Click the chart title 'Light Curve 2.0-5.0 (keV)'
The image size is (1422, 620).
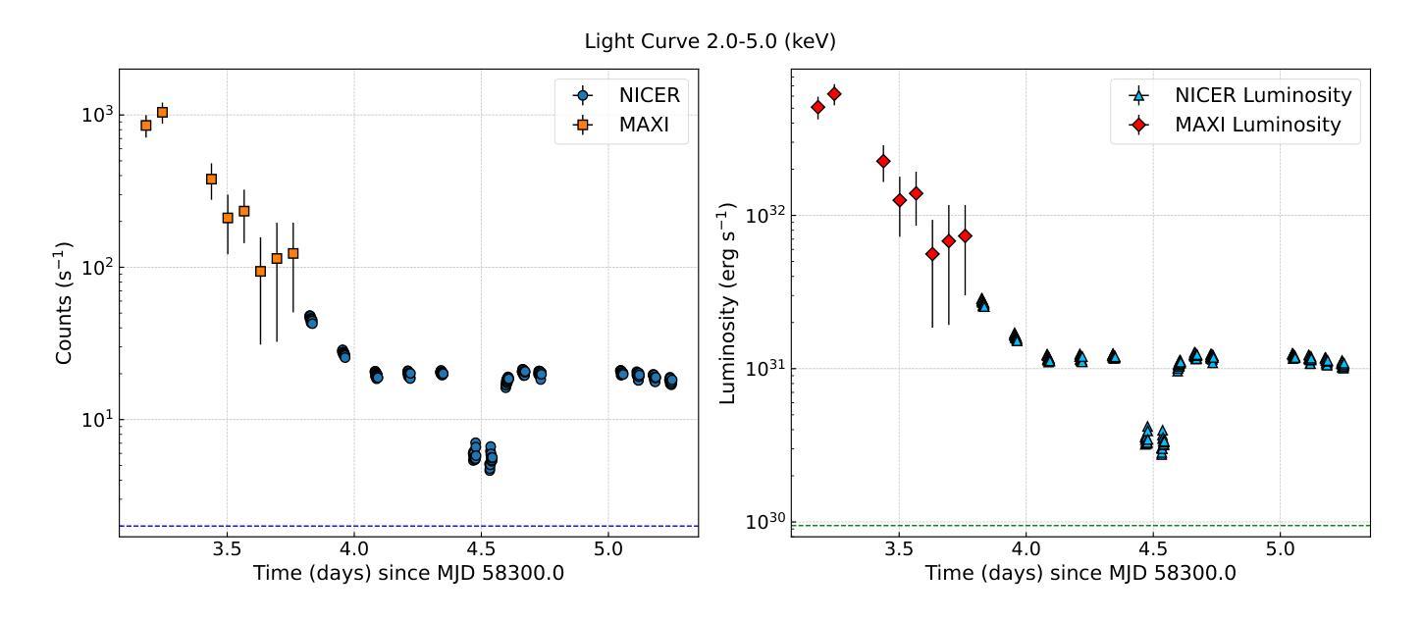click(711, 42)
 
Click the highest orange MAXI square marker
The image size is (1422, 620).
click(162, 112)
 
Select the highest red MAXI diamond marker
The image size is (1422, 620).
click(834, 94)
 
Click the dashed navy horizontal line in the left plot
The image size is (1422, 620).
click(393, 526)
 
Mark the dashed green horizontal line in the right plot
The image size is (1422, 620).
click(1080, 526)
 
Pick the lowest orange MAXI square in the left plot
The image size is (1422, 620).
click(260, 271)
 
